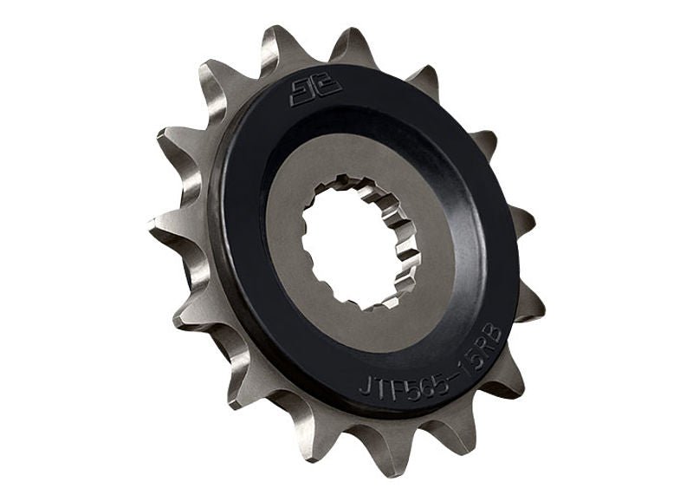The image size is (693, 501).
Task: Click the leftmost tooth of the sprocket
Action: [159, 231]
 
